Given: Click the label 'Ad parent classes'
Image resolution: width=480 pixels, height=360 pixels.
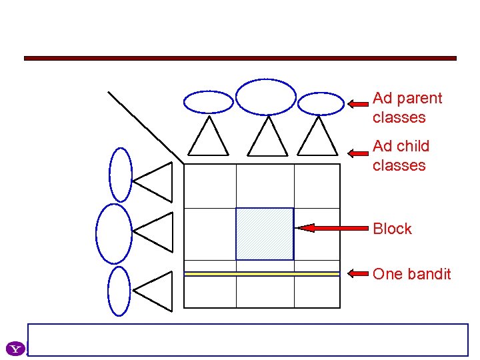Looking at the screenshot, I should pyautogui.click(x=407, y=108).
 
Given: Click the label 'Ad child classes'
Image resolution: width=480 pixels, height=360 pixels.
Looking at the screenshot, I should pyautogui.click(x=401, y=155).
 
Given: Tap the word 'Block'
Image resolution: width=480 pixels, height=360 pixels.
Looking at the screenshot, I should pyautogui.click(x=392, y=229).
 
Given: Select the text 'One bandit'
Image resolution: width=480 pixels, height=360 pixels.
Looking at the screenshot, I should pyautogui.click(x=411, y=274).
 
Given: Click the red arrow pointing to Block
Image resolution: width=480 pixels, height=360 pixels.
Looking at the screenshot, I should pyautogui.click(x=332, y=228).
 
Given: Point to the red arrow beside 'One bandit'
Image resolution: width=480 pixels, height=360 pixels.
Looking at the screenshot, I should pyautogui.click(x=359, y=273).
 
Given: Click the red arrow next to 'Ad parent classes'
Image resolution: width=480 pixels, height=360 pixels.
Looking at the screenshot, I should pyautogui.click(x=358, y=104).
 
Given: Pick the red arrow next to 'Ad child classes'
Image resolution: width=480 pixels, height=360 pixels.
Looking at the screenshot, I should pyautogui.click(x=358, y=152).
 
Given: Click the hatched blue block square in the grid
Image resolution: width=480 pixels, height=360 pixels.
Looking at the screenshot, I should pyautogui.click(x=265, y=233).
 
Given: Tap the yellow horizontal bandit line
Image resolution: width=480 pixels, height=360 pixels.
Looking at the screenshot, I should pyautogui.click(x=261, y=273).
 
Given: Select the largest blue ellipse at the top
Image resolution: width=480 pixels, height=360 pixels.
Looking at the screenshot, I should pyautogui.click(x=266, y=97).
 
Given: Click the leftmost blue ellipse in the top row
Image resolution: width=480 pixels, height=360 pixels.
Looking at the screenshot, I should pyautogui.click(x=209, y=102).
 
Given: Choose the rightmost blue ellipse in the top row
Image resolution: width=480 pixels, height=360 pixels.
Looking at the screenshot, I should pyautogui.click(x=320, y=103).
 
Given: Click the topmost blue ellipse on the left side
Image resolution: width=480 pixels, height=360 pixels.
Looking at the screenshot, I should pyautogui.click(x=121, y=174).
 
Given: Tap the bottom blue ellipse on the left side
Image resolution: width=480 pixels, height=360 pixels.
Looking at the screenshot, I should pyautogui.click(x=119, y=291).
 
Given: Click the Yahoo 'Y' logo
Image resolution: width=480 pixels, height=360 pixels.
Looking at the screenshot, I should pyautogui.click(x=15, y=348).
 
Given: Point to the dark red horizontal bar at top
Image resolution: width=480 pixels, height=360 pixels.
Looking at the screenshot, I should pyautogui.click(x=240, y=58).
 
